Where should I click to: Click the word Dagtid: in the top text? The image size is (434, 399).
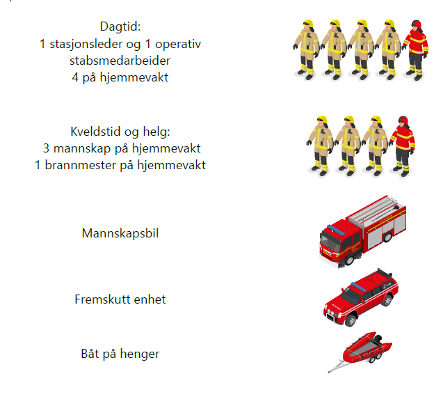(x=120, y=27)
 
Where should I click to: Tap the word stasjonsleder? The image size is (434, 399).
(x=86, y=44)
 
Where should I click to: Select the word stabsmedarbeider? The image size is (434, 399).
(x=120, y=61)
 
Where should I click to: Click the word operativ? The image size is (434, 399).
(x=178, y=45)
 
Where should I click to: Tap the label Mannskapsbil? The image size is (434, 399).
(x=120, y=233)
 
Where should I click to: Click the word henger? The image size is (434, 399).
(x=140, y=354)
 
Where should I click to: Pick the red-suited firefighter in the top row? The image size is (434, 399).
(x=415, y=50)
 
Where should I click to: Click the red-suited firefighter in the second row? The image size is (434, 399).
(x=402, y=146)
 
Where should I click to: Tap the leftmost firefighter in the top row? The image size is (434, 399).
(x=306, y=50)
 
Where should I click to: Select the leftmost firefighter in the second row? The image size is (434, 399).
(x=320, y=146)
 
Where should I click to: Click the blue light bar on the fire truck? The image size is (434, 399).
(x=336, y=230)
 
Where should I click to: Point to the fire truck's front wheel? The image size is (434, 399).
(x=349, y=260)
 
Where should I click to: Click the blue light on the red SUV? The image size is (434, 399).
(x=358, y=287)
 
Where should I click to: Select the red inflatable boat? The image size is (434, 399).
(x=367, y=347)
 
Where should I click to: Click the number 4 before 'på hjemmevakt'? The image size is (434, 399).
(x=75, y=77)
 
